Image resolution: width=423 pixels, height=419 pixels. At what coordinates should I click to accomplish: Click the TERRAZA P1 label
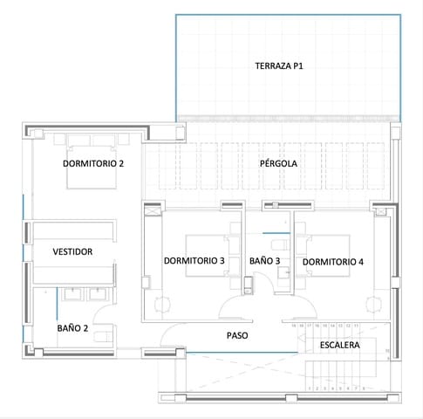click(279, 65)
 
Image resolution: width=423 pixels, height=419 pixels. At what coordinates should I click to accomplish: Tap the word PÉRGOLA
click(278, 163)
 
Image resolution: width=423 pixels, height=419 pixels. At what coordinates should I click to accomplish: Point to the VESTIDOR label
click(72, 251)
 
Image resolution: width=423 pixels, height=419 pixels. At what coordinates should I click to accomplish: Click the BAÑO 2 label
click(72, 328)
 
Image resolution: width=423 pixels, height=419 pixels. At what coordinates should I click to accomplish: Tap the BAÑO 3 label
click(264, 261)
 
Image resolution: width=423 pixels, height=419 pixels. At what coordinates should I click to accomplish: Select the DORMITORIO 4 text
click(332, 261)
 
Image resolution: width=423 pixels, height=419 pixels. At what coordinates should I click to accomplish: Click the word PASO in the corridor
click(238, 335)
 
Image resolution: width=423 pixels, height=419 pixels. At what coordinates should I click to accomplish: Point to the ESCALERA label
click(340, 345)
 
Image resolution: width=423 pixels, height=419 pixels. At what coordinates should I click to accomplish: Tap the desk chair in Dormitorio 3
click(163, 305)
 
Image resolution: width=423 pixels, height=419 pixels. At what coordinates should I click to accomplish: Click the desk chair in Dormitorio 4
click(374, 305)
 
